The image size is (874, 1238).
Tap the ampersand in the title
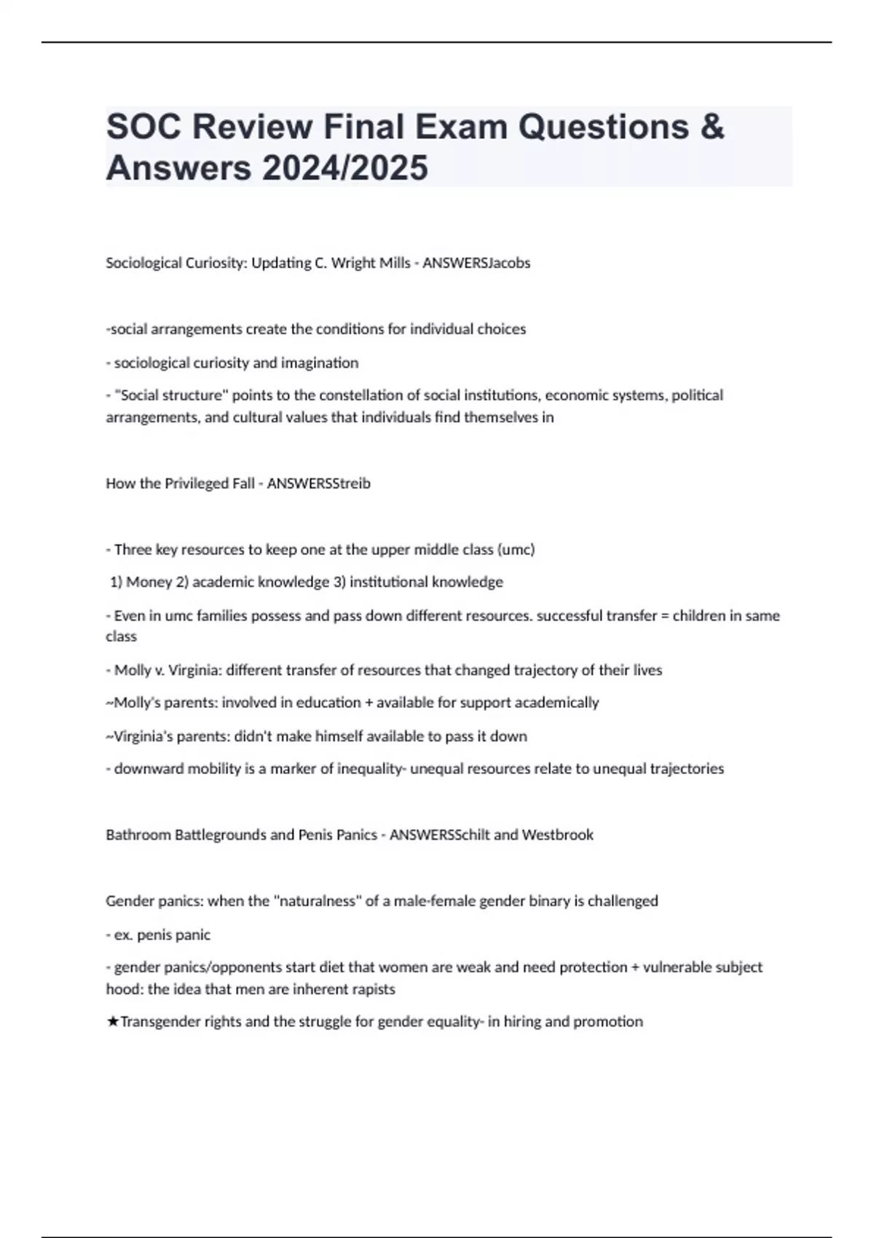(712, 127)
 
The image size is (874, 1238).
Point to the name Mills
(393, 263)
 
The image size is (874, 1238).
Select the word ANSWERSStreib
(318, 484)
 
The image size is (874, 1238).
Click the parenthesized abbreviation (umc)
(515, 550)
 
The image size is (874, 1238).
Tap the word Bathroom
(138, 835)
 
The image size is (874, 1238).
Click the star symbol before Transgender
(112, 1022)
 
